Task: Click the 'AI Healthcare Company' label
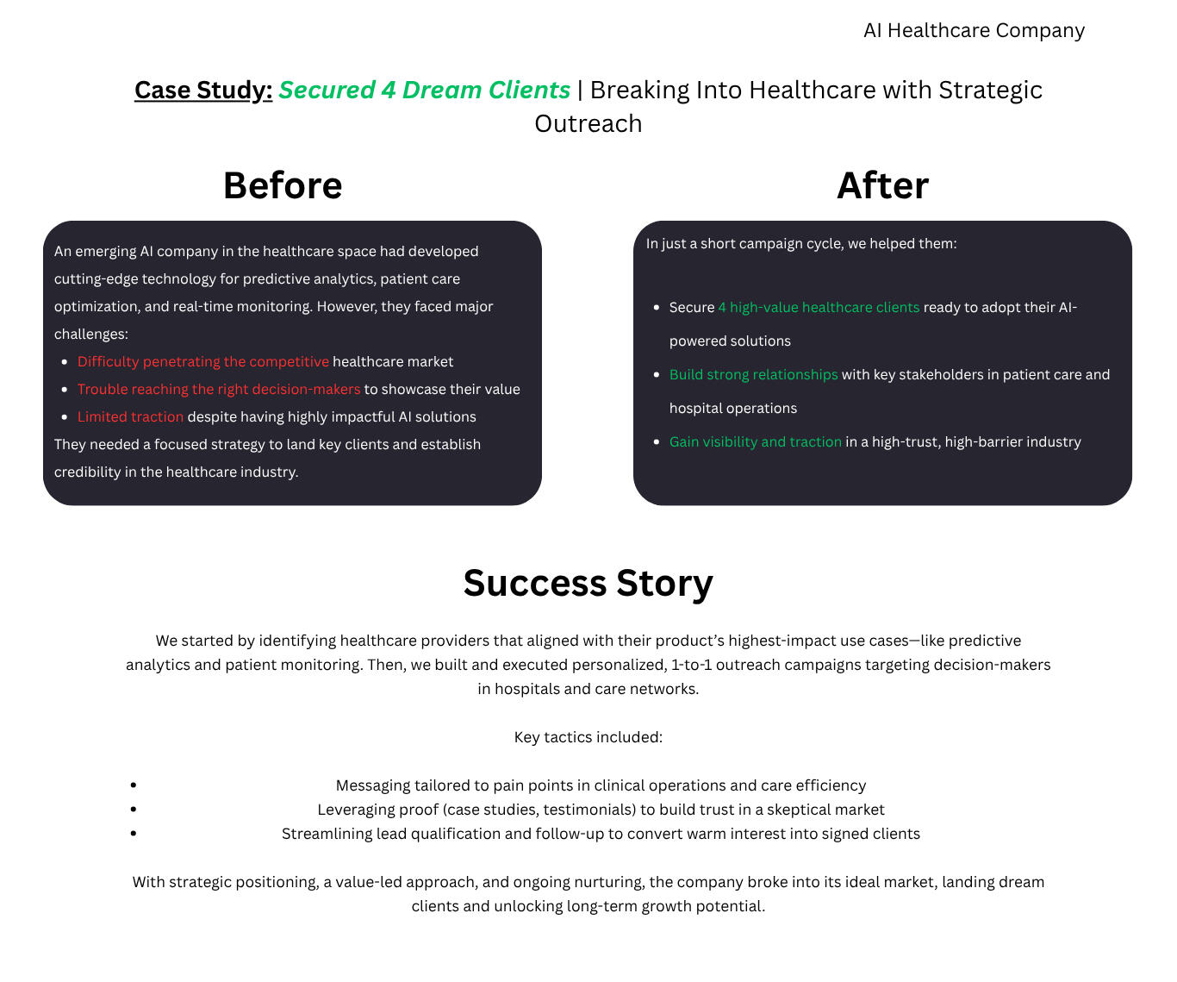point(974,30)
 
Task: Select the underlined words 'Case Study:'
point(203,91)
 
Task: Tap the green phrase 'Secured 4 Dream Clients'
point(425,91)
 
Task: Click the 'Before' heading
point(283,185)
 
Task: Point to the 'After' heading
point(882,185)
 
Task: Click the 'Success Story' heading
point(588,583)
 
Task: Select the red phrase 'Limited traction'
point(130,416)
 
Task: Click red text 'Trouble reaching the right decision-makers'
point(219,389)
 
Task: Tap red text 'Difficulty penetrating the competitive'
point(203,361)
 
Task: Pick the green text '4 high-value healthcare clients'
point(819,308)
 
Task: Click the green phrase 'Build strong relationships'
point(754,374)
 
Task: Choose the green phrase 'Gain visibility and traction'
point(756,441)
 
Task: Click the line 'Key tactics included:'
point(588,737)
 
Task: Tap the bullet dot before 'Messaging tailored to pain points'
point(133,785)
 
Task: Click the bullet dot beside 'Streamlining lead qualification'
point(133,833)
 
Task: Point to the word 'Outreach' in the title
point(588,123)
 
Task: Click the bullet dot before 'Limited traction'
point(65,416)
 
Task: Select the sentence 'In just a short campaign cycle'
point(801,244)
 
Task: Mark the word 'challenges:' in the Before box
point(91,334)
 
